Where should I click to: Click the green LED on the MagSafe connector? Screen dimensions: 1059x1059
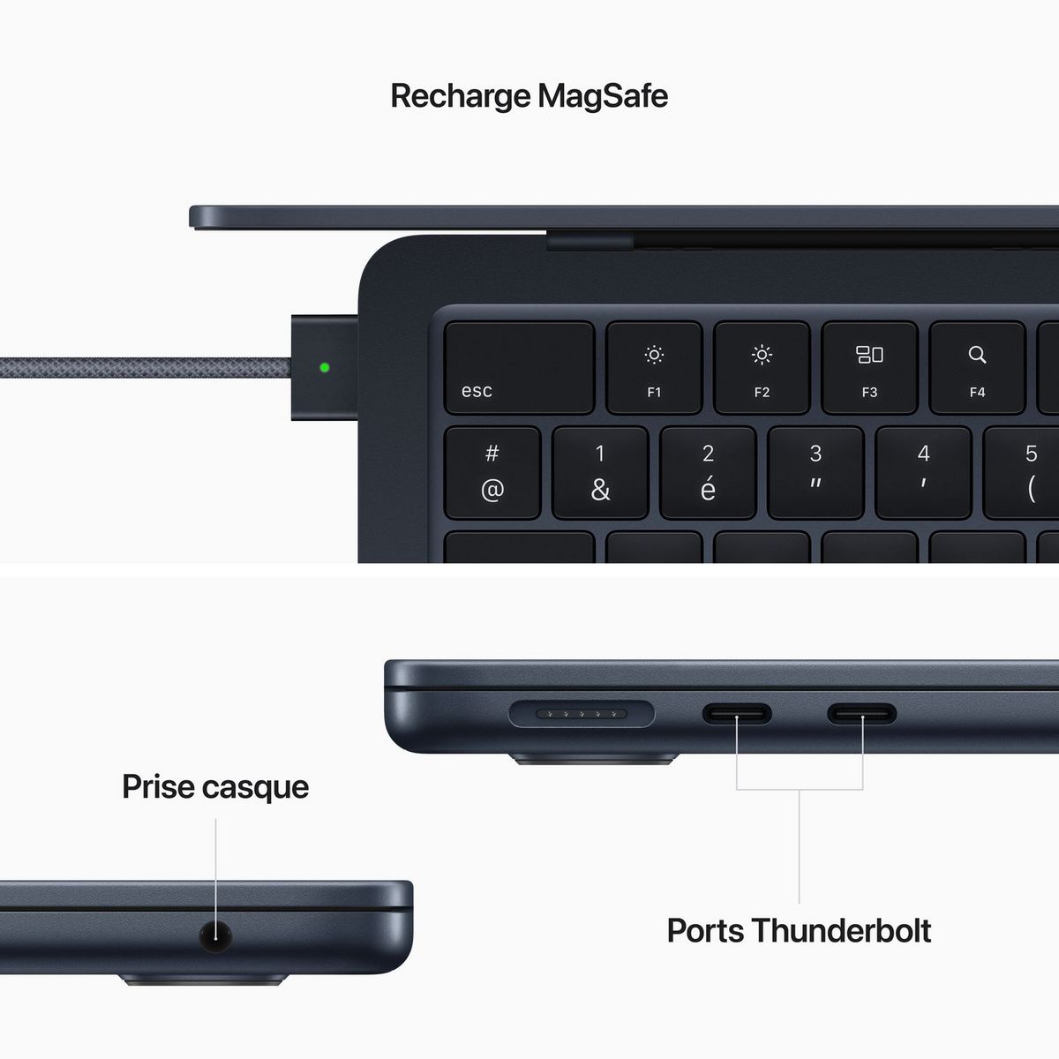point(325,367)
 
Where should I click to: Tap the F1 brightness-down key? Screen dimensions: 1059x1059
point(654,368)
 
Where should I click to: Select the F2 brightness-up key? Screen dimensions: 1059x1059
point(762,368)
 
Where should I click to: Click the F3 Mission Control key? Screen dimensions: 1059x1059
point(869,368)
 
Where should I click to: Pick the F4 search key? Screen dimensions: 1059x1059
point(977,368)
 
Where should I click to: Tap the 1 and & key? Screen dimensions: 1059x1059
point(600,473)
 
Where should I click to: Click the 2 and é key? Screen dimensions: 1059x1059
point(708,473)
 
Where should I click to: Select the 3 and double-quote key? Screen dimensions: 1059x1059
point(815,473)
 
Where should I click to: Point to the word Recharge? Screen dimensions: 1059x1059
point(462,95)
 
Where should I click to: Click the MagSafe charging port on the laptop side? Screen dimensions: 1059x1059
point(582,713)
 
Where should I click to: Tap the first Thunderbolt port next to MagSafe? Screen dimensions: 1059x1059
point(737,714)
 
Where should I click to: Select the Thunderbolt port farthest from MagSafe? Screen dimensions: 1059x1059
point(862,714)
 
